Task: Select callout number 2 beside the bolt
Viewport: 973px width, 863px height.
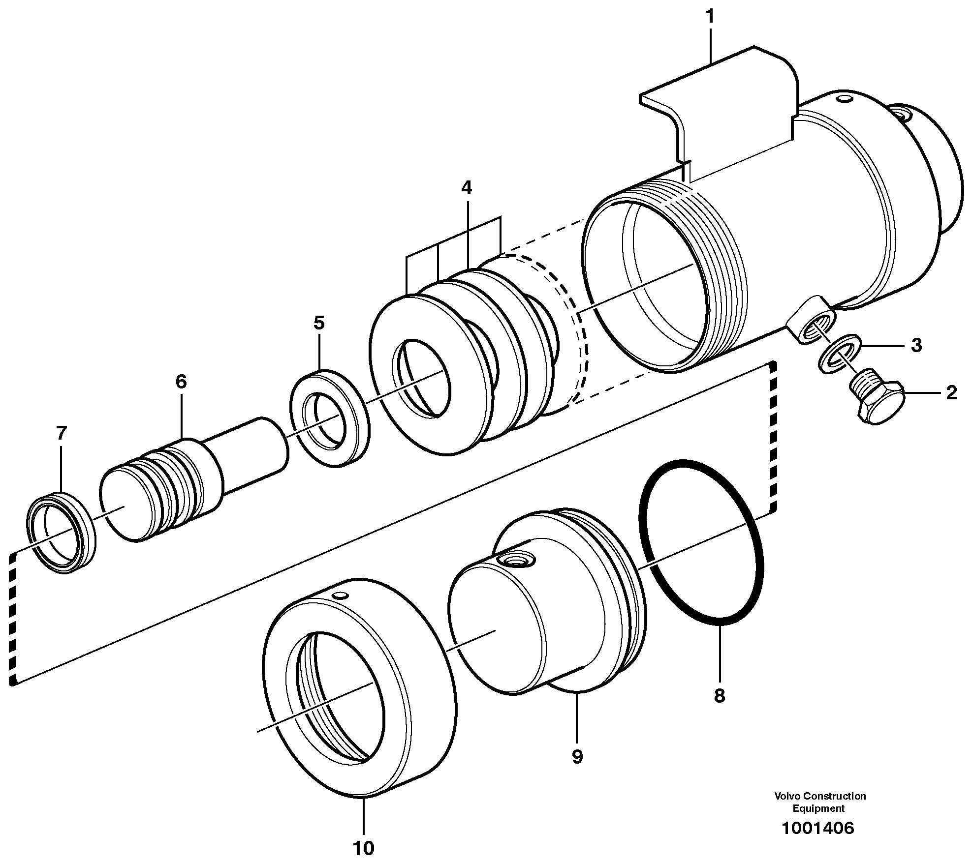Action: coord(951,393)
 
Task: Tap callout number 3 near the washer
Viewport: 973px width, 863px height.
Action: coord(915,346)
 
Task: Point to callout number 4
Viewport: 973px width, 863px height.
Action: coord(466,188)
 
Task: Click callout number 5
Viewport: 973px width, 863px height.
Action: coord(319,323)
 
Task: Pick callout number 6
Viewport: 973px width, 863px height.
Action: coord(181,382)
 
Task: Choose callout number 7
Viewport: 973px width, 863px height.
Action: coord(61,434)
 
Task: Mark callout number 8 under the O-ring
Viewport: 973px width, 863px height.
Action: coord(719,696)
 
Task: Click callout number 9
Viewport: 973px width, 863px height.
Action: coord(577,757)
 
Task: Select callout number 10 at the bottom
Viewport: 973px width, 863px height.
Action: coord(363,848)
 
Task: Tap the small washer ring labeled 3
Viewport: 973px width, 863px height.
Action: coord(840,354)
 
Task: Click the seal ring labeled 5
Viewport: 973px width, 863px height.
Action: coord(330,418)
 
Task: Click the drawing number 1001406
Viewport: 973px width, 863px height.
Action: coord(817,828)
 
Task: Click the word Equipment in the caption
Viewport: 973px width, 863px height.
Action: coord(818,808)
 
